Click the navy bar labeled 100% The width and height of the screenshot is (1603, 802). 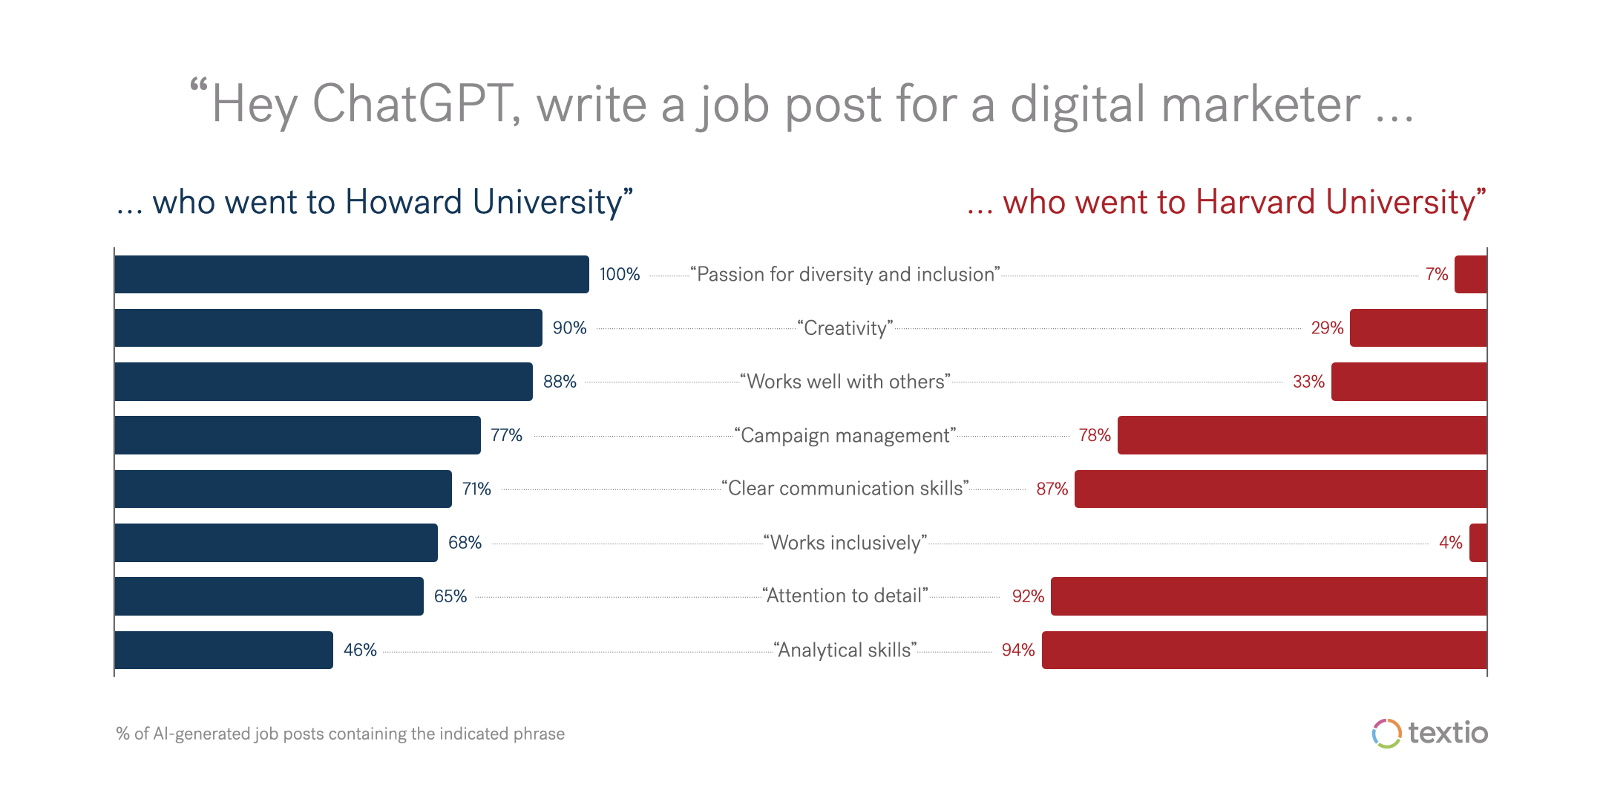coord(352,274)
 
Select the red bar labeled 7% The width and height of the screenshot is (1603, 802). coord(1470,274)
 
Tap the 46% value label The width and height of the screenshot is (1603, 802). coord(360,651)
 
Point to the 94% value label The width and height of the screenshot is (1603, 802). coord(1017,651)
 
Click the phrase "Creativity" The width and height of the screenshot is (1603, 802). coord(845,328)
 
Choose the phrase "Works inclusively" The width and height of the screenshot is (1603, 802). coord(845,543)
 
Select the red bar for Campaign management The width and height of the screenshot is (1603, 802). coord(1302,435)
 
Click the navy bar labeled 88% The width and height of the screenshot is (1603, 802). coord(324,382)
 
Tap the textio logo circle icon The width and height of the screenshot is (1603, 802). coord(1386,734)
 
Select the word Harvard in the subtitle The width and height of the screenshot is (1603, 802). coord(1256,202)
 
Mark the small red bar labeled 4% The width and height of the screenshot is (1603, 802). coord(1478,543)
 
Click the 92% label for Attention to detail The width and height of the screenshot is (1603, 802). coord(1028,596)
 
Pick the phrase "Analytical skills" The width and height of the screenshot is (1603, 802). coord(845,651)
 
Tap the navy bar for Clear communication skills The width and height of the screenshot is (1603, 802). coord(283,489)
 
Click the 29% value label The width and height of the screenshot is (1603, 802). coord(1327,328)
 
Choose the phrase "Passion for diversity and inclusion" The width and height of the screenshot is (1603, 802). coord(845,275)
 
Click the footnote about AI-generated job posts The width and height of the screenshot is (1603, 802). coord(341,734)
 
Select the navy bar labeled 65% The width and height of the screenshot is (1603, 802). coord(269,596)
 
